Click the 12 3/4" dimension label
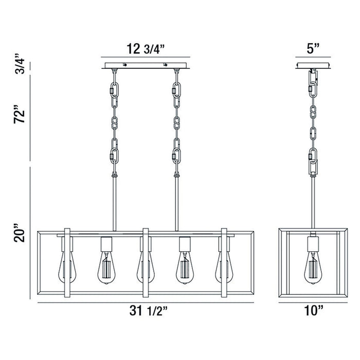pyautogui.click(x=146, y=49)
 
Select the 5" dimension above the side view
pyautogui.click(x=313, y=49)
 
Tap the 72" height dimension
pyautogui.click(x=20, y=115)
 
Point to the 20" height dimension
pyautogui.click(x=20, y=232)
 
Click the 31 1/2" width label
pyautogui.click(x=149, y=311)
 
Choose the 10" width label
pyautogui.click(x=314, y=311)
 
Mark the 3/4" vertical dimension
pyautogui.click(x=20, y=64)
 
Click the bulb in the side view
pyautogui.click(x=313, y=268)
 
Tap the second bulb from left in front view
pyautogui.click(x=106, y=268)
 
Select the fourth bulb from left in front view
pyautogui.click(x=185, y=268)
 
